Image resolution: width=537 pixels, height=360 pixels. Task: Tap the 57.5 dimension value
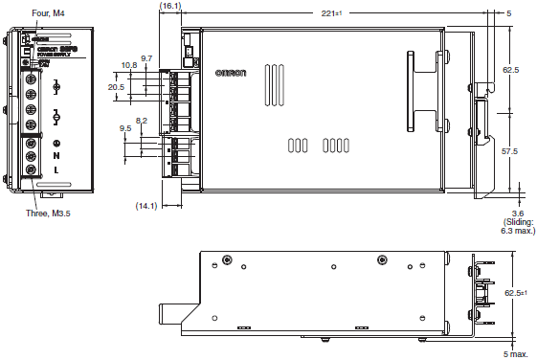[510, 151]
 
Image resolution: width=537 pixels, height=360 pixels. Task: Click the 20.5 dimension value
[116, 87]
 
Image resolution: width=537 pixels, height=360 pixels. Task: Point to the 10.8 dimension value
[129, 66]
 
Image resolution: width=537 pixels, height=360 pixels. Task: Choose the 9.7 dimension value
[145, 58]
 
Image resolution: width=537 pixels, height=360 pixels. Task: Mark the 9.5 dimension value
[125, 127]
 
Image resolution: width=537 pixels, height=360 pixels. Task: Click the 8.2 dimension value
[142, 120]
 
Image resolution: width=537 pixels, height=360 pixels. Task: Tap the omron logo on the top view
[230, 74]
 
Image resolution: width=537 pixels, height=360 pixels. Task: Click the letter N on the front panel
[56, 155]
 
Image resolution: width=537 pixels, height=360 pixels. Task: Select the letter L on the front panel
[56, 169]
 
